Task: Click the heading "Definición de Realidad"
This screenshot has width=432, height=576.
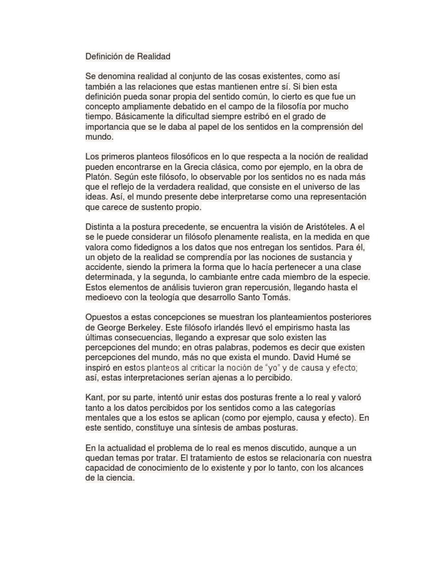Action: pyautogui.click(x=128, y=56)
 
